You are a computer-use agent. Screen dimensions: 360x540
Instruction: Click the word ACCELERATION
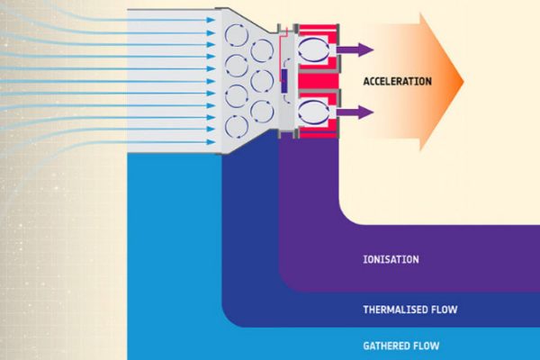pyautogui.click(x=397, y=82)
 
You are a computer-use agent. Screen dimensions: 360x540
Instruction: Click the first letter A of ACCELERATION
pyautogui.click(x=366, y=82)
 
